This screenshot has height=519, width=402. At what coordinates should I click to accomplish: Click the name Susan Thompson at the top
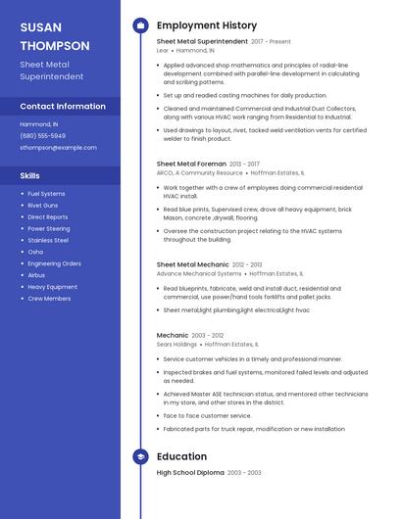point(54,36)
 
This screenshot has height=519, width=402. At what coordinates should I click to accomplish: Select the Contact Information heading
point(63,106)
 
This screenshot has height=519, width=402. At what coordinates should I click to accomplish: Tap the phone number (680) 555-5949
point(43,135)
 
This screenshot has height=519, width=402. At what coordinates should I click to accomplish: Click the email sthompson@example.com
point(58,147)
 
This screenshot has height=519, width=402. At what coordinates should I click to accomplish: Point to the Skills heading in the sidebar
point(29,175)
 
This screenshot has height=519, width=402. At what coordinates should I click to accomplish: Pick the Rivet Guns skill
point(43,206)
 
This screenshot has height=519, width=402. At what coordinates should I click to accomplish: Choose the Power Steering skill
point(49,228)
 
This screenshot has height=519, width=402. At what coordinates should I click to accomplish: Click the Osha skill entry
point(35,252)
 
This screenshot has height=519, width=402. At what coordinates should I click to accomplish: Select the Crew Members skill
point(49,298)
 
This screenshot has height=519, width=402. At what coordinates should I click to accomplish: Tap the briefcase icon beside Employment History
point(140,25)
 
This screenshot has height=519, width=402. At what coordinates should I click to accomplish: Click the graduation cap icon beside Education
point(140,456)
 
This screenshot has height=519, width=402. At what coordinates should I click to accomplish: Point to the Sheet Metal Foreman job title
point(191,164)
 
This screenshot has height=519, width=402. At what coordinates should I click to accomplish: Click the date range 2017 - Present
point(271,42)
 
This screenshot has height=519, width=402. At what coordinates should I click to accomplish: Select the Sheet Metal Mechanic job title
point(193,265)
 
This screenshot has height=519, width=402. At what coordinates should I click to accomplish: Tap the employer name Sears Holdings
point(176,345)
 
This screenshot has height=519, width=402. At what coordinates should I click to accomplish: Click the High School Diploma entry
point(190,473)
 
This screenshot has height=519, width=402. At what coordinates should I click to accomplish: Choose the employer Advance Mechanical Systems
point(197,274)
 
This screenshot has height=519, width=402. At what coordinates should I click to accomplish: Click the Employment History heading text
point(207,25)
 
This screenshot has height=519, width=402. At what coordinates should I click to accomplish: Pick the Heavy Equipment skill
point(53,286)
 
